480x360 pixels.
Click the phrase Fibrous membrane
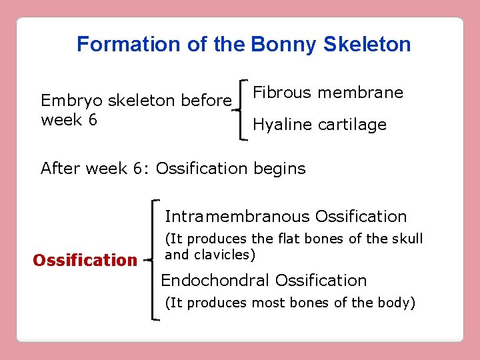(328, 93)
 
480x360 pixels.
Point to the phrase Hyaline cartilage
(319, 125)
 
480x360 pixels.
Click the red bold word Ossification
(85, 260)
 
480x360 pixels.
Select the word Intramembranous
(237, 217)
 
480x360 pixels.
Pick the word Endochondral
(215, 281)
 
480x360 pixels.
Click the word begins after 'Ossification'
(279, 169)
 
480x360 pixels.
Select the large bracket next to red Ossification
(155, 260)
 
